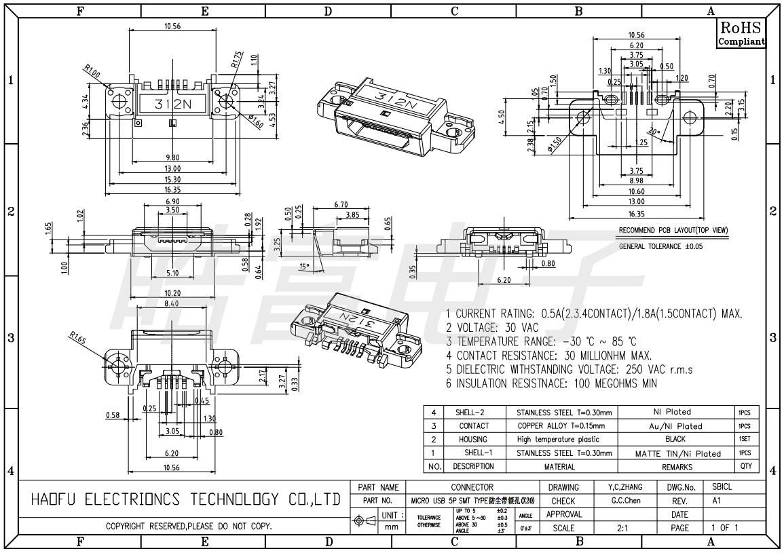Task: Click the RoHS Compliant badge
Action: click(741, 33)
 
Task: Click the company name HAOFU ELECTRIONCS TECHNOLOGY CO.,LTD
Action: click(185, 499)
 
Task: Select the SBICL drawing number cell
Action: click(722, 487)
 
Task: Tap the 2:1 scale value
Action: click(622, 527)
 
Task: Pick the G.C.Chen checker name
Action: click(625, 501)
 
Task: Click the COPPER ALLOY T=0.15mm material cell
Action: click(560, 426)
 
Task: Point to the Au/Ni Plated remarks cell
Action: click(677, 426)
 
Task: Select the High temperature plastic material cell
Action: click(558, 439)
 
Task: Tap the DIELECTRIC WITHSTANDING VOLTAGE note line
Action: click(569, 370)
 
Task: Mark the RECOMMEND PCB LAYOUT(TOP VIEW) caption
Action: click(673, 231)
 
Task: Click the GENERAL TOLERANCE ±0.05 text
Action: click(659, 246)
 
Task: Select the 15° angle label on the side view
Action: click(303, 266)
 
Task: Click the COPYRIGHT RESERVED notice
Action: click(189, 527)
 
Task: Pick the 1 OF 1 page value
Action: click(724, 527)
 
